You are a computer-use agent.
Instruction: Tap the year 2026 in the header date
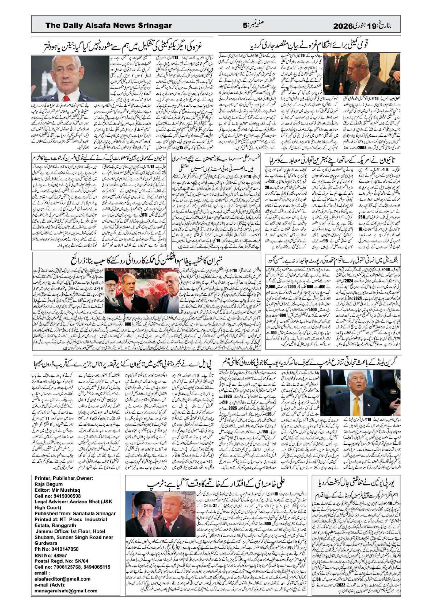[x=345, y=26]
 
